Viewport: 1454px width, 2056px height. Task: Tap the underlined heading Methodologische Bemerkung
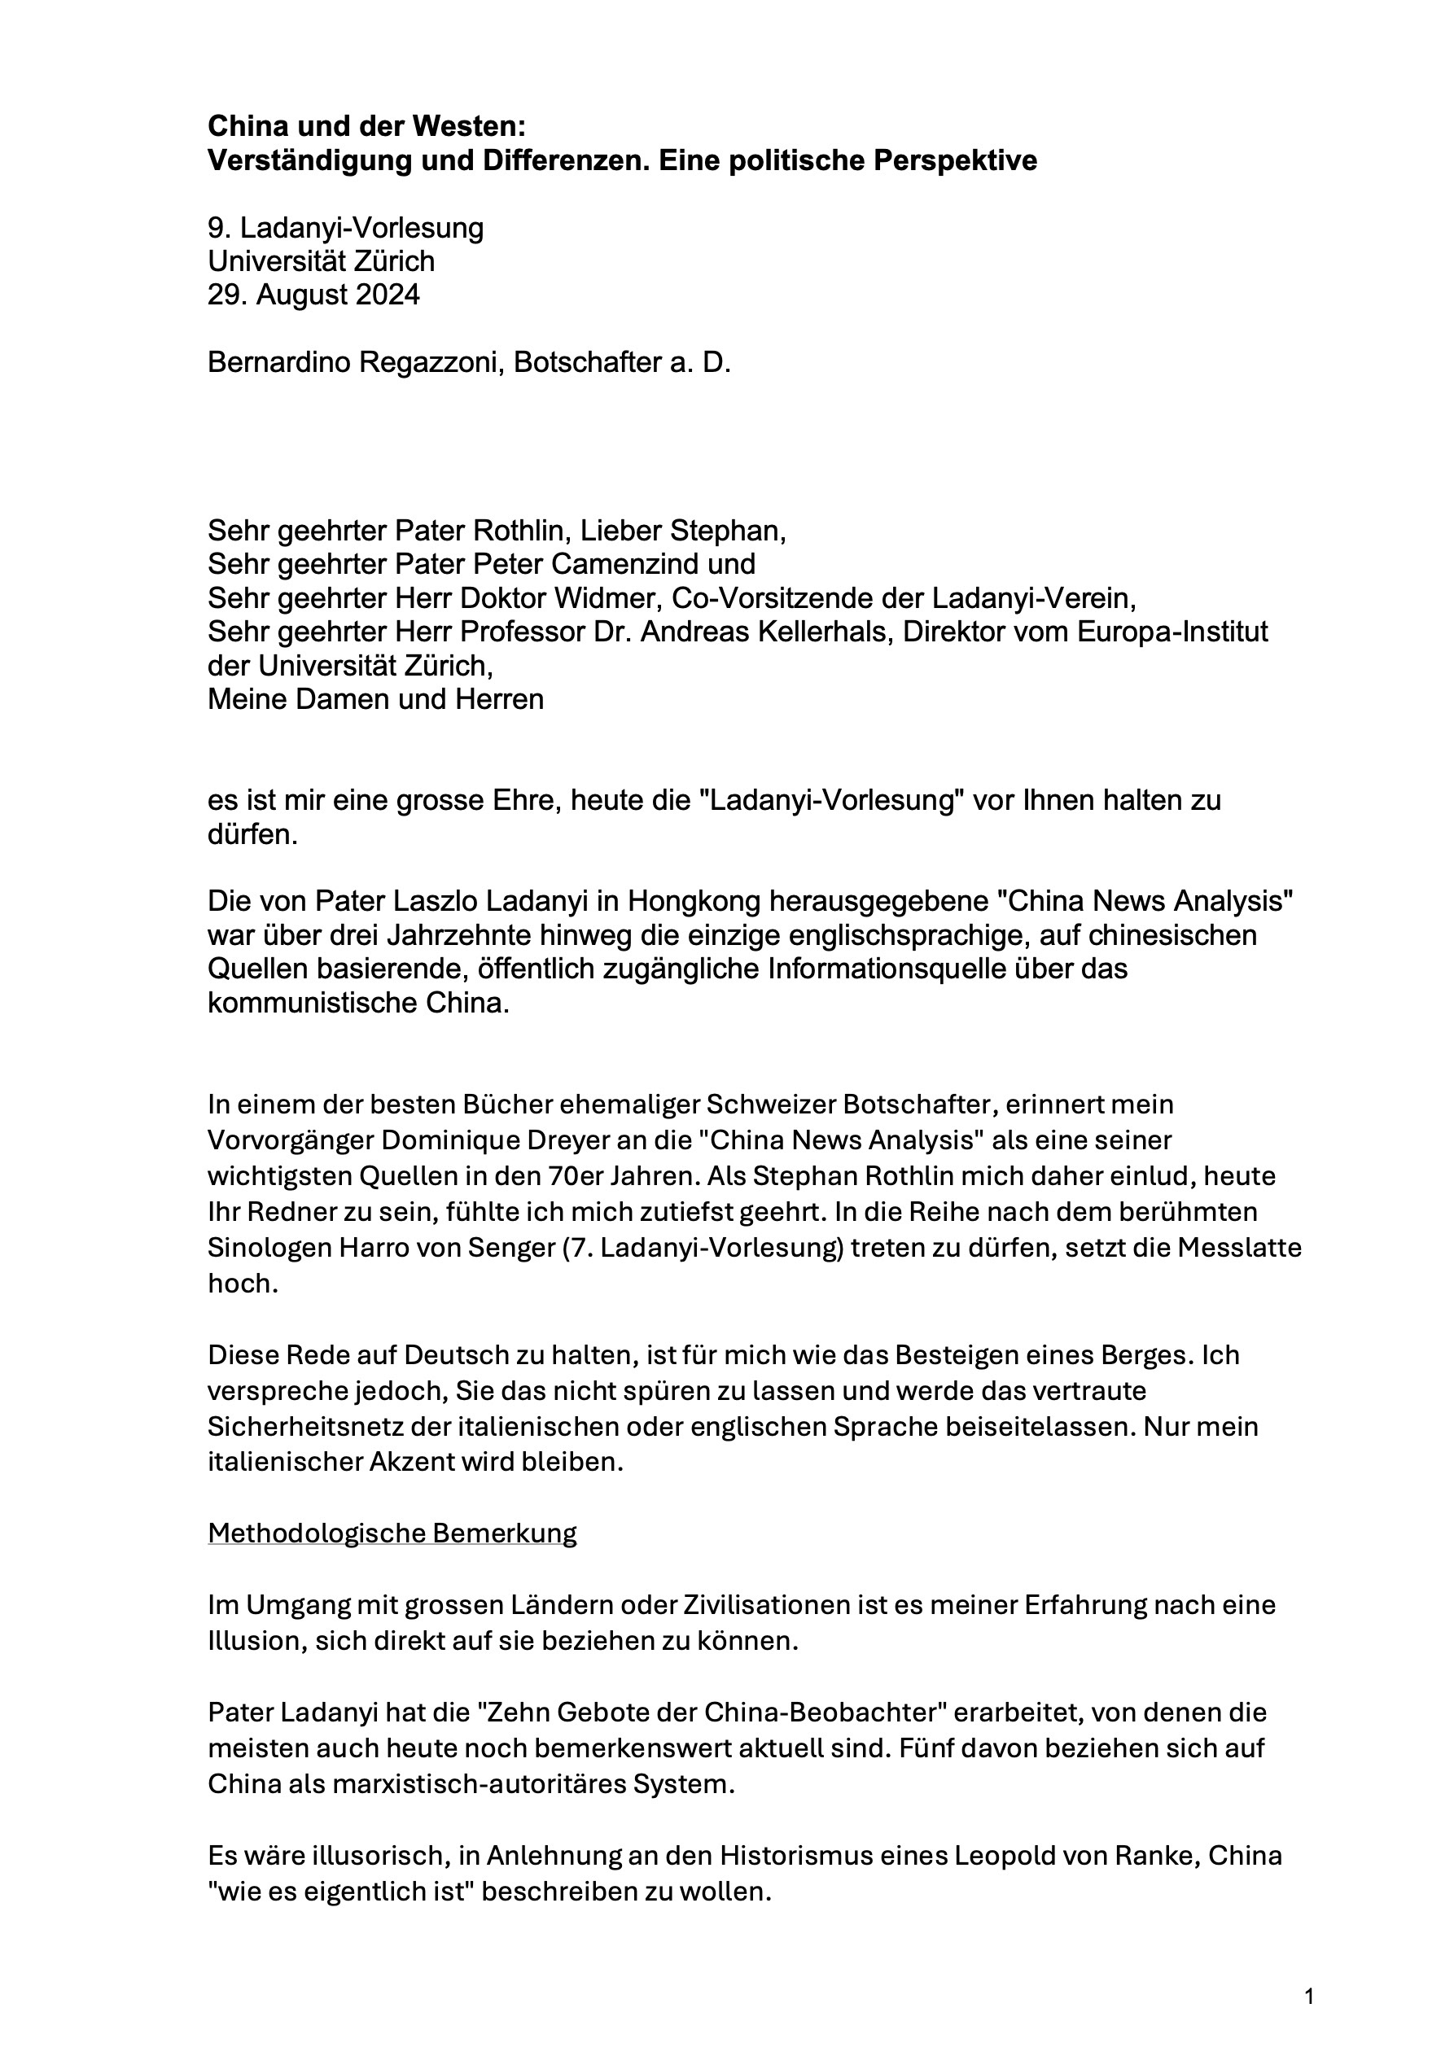(x=392, y=1533)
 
